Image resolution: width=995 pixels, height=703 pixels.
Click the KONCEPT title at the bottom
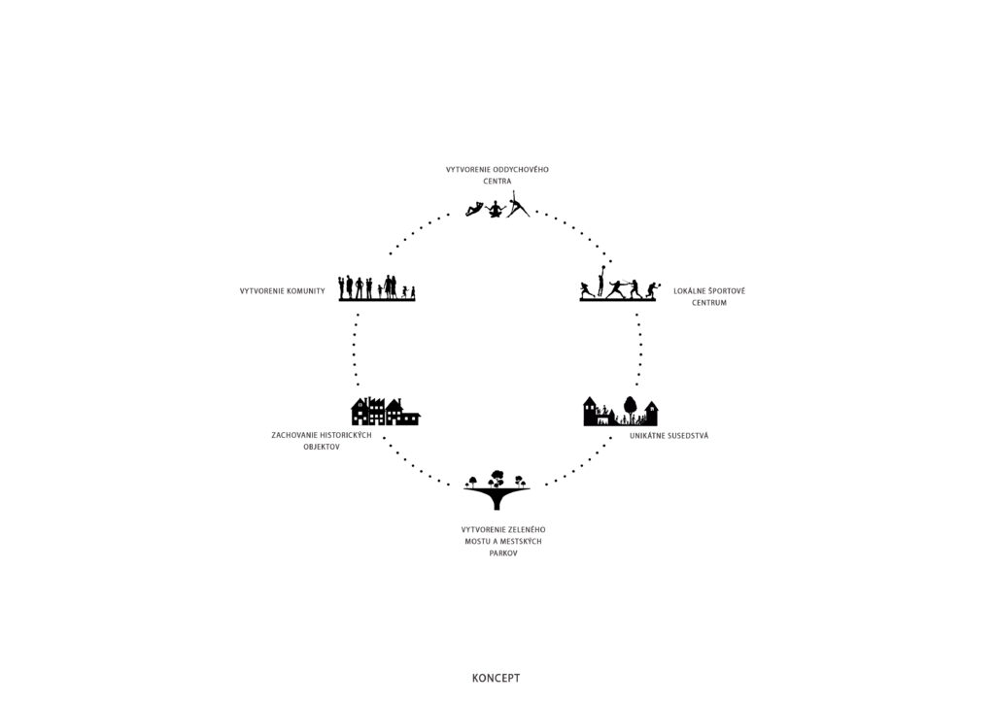[497, 678]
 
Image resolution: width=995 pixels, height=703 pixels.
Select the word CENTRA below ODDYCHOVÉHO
[497, 182]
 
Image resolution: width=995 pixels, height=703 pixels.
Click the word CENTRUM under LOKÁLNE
[709, 303]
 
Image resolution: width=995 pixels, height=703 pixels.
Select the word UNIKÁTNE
[646, 436]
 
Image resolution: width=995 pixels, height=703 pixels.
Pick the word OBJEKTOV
[322, 447]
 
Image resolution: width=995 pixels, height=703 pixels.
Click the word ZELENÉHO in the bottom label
[525, 529]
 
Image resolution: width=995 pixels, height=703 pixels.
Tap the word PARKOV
[503, 553]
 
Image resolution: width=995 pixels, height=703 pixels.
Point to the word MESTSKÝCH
[521, 542]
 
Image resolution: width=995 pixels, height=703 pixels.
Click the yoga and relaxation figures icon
[497, 206]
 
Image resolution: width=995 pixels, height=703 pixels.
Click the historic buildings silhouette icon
[386, 412]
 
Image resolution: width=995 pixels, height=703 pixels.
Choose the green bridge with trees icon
[497, 489]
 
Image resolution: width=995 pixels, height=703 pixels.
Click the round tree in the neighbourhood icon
[630, 405]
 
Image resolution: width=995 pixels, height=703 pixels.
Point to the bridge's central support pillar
[497, 502]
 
